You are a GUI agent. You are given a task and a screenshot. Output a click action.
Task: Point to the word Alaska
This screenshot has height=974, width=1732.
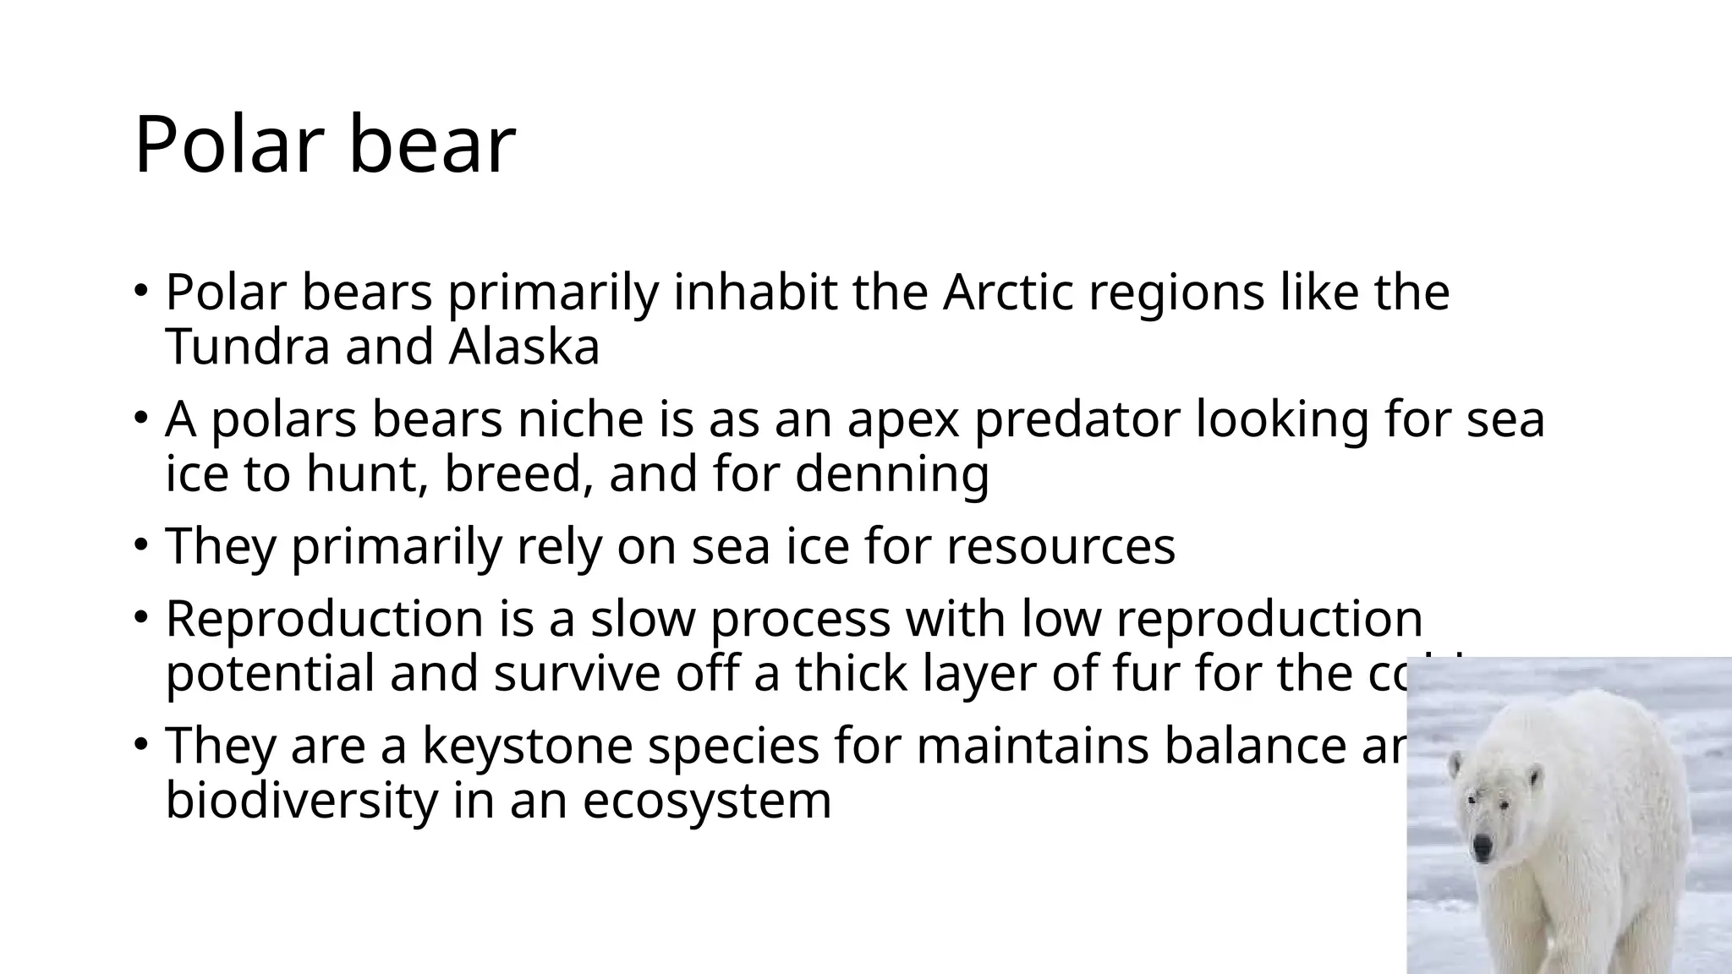(523, 347)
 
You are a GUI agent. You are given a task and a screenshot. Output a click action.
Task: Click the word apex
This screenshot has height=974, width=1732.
(902, 420)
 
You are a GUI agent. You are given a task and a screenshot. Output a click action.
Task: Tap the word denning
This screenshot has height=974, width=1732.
(891, 474)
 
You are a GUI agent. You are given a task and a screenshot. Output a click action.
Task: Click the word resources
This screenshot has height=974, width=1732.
(1061, 547)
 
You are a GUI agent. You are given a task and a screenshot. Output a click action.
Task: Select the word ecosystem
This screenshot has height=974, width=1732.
(707, 801)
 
